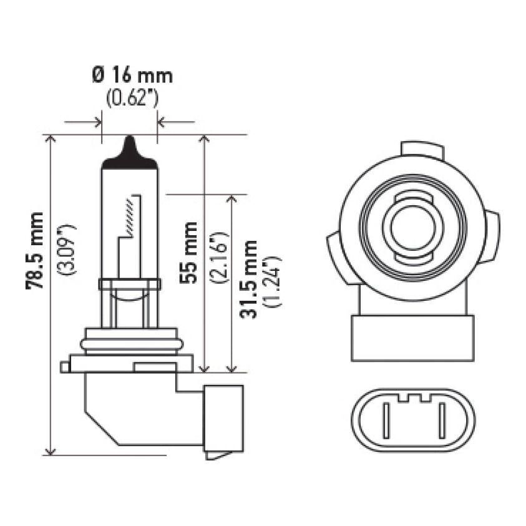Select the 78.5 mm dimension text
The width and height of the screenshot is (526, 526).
coord(35,250)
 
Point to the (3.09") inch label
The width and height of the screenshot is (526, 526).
coord(66,249)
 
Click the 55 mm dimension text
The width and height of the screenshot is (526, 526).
coord(188,252)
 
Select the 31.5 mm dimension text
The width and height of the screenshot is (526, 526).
coord(251,278)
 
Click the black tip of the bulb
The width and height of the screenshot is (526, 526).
coord(129,153)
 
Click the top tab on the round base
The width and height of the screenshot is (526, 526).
coord(422,150)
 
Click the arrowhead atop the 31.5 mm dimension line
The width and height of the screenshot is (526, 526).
coord(231,199)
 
